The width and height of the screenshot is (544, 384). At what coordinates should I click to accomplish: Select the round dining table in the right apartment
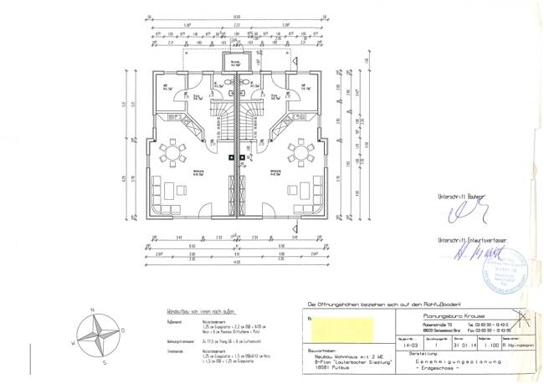[299, 153]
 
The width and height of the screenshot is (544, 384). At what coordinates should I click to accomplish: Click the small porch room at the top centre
[238, 64]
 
